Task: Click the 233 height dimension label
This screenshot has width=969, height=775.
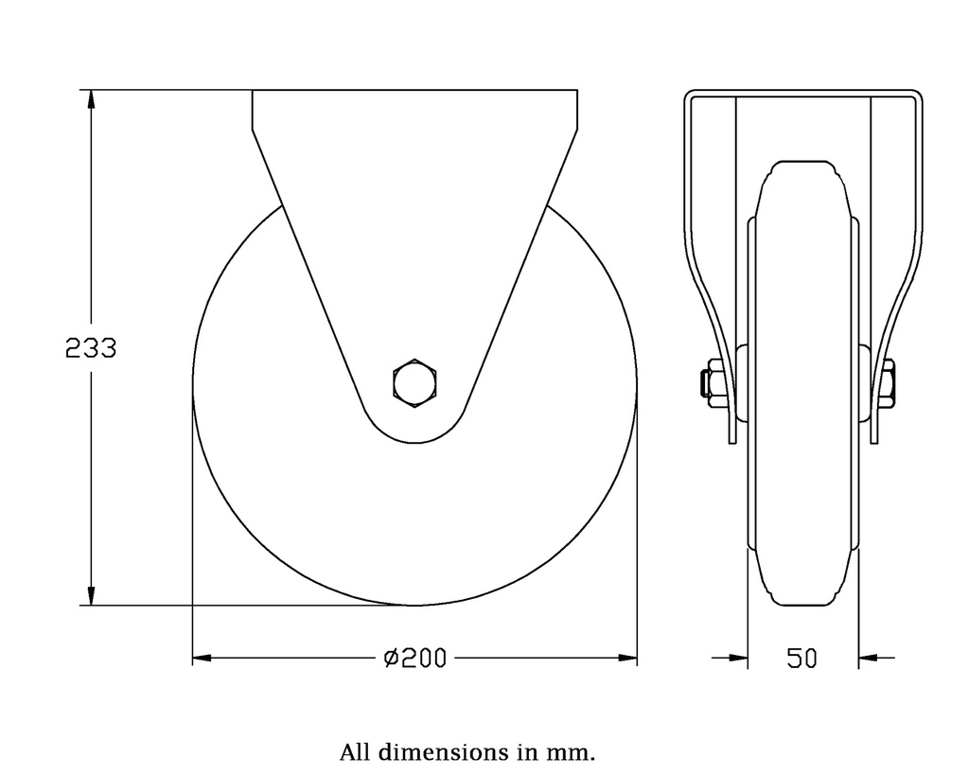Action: pos(91,349)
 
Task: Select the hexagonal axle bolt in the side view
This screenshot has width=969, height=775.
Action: pos(414,383)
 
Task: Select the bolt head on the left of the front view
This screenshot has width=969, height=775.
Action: pos(706,383)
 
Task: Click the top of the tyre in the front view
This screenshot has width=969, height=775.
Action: pos(802,163)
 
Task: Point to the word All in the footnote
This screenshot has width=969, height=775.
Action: pos(356,753)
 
